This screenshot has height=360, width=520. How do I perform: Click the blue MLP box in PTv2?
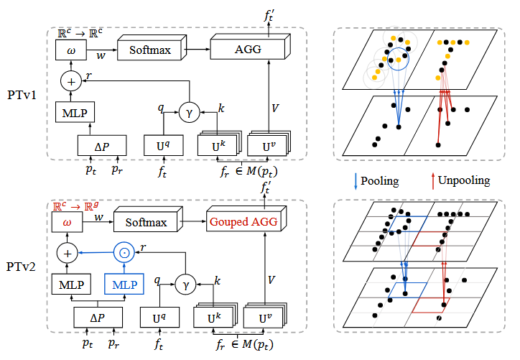pyautogui.click(x=124, y=284)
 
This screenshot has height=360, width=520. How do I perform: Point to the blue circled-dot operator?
pyautogui.click(x=124, y=253)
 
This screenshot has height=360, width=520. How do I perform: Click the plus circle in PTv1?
pyautogui.click(x=71, y=81)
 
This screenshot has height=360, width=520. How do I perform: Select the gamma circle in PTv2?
pyautogui.click(x=185, y=284)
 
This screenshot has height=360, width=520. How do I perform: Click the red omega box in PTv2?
pyautogui.click(x=68, y=222)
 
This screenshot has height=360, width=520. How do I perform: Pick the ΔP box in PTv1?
pyautogui.click(x=102, y=145)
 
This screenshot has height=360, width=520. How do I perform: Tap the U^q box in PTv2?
pyautogui.click(x=159, y=318)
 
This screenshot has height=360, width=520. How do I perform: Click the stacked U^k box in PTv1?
pyautogui.click(x=219, y=144)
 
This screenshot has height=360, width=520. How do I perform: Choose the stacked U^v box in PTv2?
pyautogui.click(x=264, y=315)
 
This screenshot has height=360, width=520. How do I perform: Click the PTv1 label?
pyautogui.click(x=22, y=95)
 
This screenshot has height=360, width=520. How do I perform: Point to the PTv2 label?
pyautogui.click(x=21, y=267)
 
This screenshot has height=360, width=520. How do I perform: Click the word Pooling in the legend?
pyautogui.click(x=380, y=181)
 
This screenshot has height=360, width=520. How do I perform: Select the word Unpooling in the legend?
pyautogui.click(x=464, y=180)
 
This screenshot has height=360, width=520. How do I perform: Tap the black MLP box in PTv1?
pyautogui.click(x=75, y=112)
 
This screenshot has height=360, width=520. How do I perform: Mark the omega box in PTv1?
pyautogui.click(x=71, y=50)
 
